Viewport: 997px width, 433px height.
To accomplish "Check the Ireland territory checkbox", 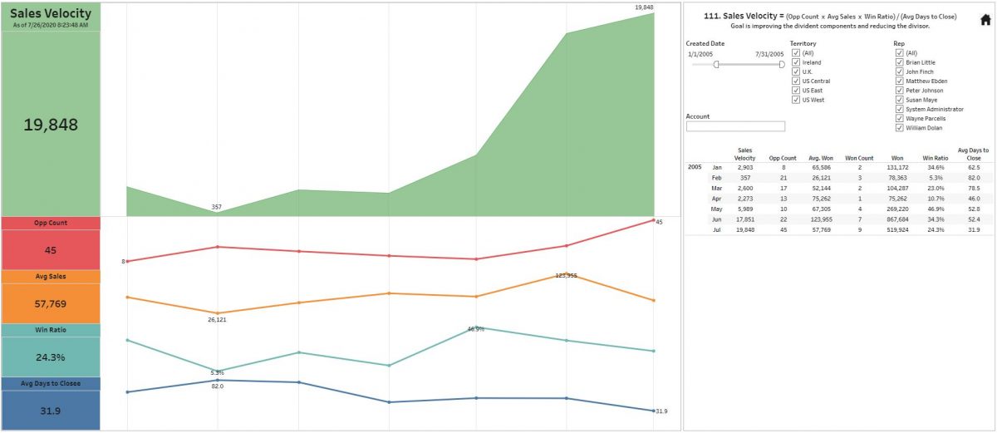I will point(796,62).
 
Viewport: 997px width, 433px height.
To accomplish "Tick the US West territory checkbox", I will point(796,100).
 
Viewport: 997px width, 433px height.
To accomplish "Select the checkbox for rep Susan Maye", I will point(899,100).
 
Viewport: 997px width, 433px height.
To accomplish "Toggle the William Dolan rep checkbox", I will point(899,128).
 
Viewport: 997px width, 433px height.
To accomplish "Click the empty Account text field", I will point(735,126).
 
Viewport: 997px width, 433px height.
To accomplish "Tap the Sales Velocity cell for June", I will point(744,219).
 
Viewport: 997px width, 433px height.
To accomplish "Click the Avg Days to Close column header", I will point(973,154).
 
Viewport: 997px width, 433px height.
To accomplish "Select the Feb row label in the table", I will point(717,178).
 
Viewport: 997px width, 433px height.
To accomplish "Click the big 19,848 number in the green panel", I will point(51,125).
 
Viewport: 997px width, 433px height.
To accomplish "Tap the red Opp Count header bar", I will point(51,223).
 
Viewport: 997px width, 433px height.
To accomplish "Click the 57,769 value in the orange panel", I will point(51,304).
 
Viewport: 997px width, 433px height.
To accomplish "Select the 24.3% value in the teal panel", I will point(51,357).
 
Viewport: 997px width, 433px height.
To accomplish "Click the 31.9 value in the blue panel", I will point(51,411).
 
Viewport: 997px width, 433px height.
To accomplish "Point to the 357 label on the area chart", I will point(217,207).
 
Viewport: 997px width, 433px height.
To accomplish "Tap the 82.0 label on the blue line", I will point(217,386).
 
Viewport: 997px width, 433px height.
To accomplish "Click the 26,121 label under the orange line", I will point(217,319).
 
